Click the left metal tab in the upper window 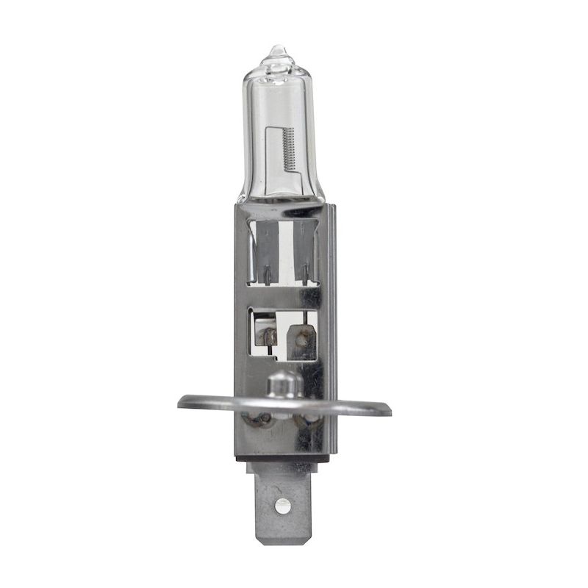[265, 250]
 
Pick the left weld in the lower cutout [269, 337]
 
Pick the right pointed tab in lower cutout [301, 339]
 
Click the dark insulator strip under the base [282, 456]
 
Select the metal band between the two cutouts [283, 296]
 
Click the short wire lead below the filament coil [294, 181]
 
